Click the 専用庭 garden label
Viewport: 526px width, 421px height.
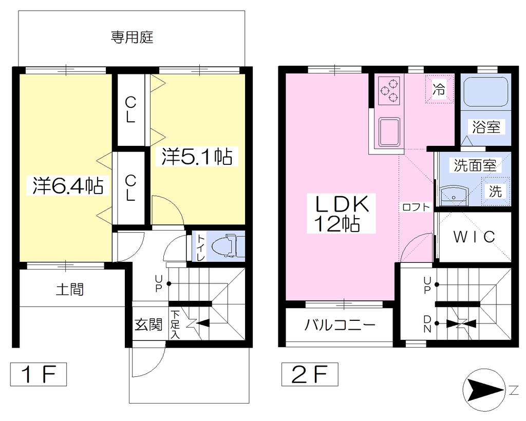tap(132, 37)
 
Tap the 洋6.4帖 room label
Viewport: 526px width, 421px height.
tap(67, 185)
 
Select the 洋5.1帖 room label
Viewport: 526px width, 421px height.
tap(197, 156)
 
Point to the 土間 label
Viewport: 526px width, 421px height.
tap(70, 290)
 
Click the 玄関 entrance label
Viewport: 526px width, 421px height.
tap(148, 324)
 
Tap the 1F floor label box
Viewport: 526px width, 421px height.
tap(38, 374)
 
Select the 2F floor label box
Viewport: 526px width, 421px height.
tap(310, 374)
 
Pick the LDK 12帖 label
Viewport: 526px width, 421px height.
tap(341, 214)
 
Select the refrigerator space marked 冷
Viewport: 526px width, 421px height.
tap(439, 89)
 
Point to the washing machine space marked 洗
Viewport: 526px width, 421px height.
tap(496, 192)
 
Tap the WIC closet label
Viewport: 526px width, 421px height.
tap(474, 237)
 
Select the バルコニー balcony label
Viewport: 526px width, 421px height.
tap(340, 324)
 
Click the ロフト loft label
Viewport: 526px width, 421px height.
tap(416, 207)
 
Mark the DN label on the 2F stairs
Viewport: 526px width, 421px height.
tap(427, 324)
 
